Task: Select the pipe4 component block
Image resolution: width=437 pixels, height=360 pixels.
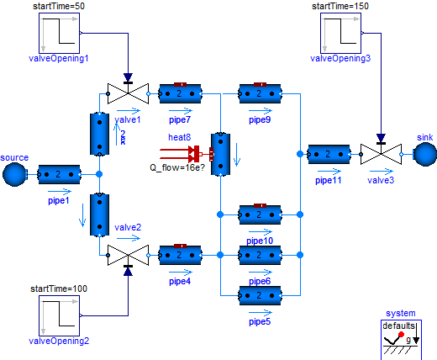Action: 179,252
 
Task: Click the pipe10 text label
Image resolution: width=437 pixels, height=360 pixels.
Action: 260,241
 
